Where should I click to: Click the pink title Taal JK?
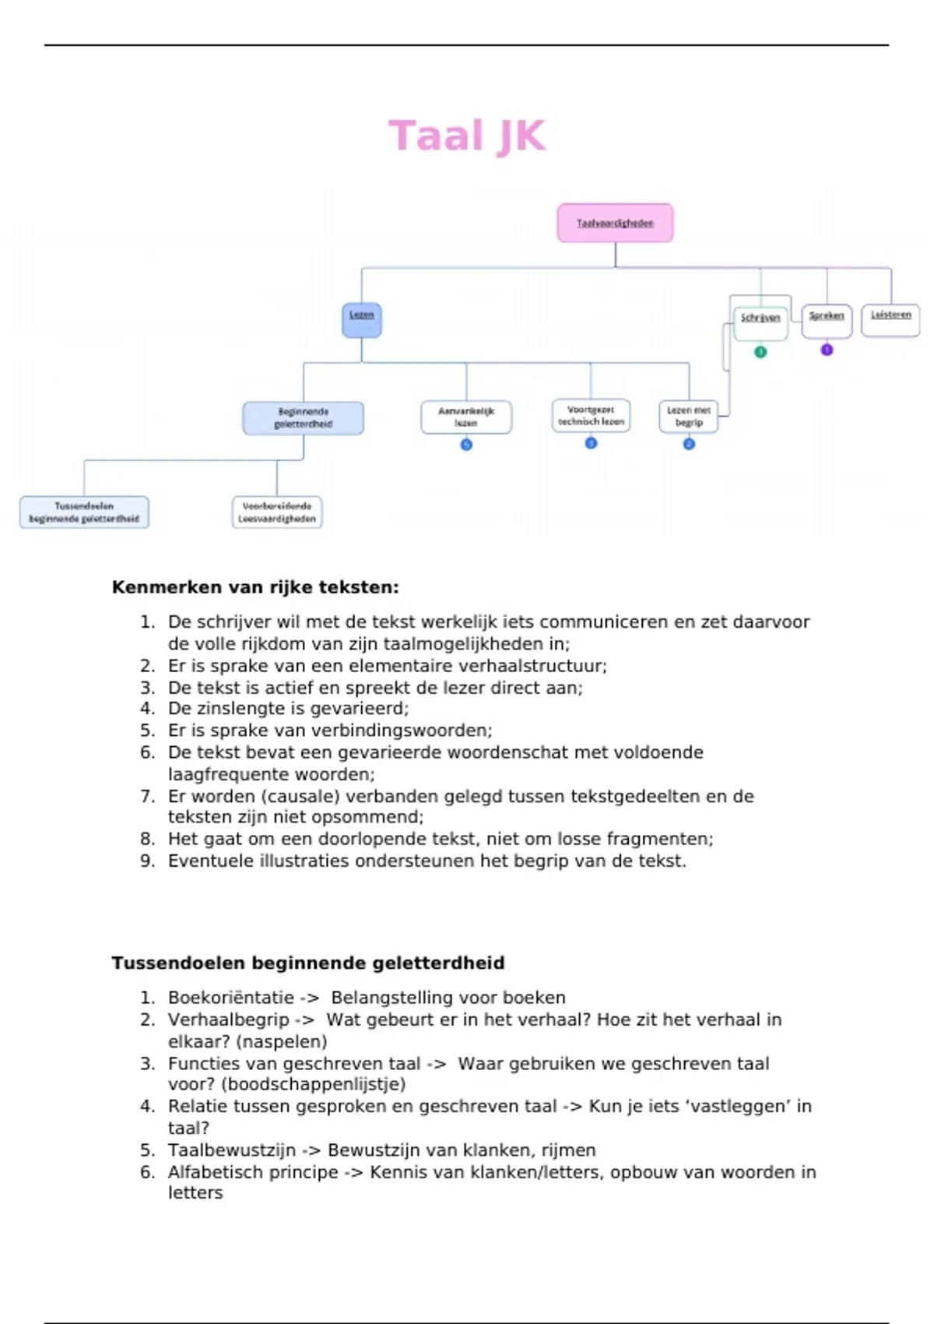click(467, 136)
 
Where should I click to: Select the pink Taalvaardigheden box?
click(615, 223)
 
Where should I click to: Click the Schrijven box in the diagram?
click(760, 322)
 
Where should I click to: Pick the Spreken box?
click(827, 319)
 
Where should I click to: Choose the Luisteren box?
click(890, 319)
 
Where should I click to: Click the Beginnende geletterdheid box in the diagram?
click(303, 418)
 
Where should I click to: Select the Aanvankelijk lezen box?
click(466, 417)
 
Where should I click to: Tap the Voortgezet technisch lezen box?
click(591, 415)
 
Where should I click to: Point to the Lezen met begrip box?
click(688, 417)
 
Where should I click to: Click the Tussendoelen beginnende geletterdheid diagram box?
click(84, 512)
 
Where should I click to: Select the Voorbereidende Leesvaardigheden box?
click(277, 512)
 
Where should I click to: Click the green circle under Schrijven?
click(760, 352)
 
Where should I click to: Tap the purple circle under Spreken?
click(827, 350)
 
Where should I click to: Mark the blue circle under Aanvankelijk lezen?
click(466, 445)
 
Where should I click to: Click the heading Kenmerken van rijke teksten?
click(255, 587)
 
